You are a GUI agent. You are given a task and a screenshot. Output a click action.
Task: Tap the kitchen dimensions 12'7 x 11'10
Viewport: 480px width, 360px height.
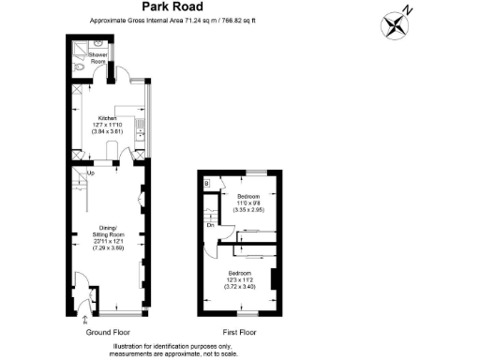tap(104, 125)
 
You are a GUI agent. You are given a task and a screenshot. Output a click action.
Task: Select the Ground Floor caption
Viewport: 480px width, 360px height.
tap(107, 333)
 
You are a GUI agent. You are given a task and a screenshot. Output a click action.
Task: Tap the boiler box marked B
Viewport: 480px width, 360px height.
tap(206, 185)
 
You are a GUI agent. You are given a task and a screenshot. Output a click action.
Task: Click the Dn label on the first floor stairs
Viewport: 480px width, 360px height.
tap(213, 226)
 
